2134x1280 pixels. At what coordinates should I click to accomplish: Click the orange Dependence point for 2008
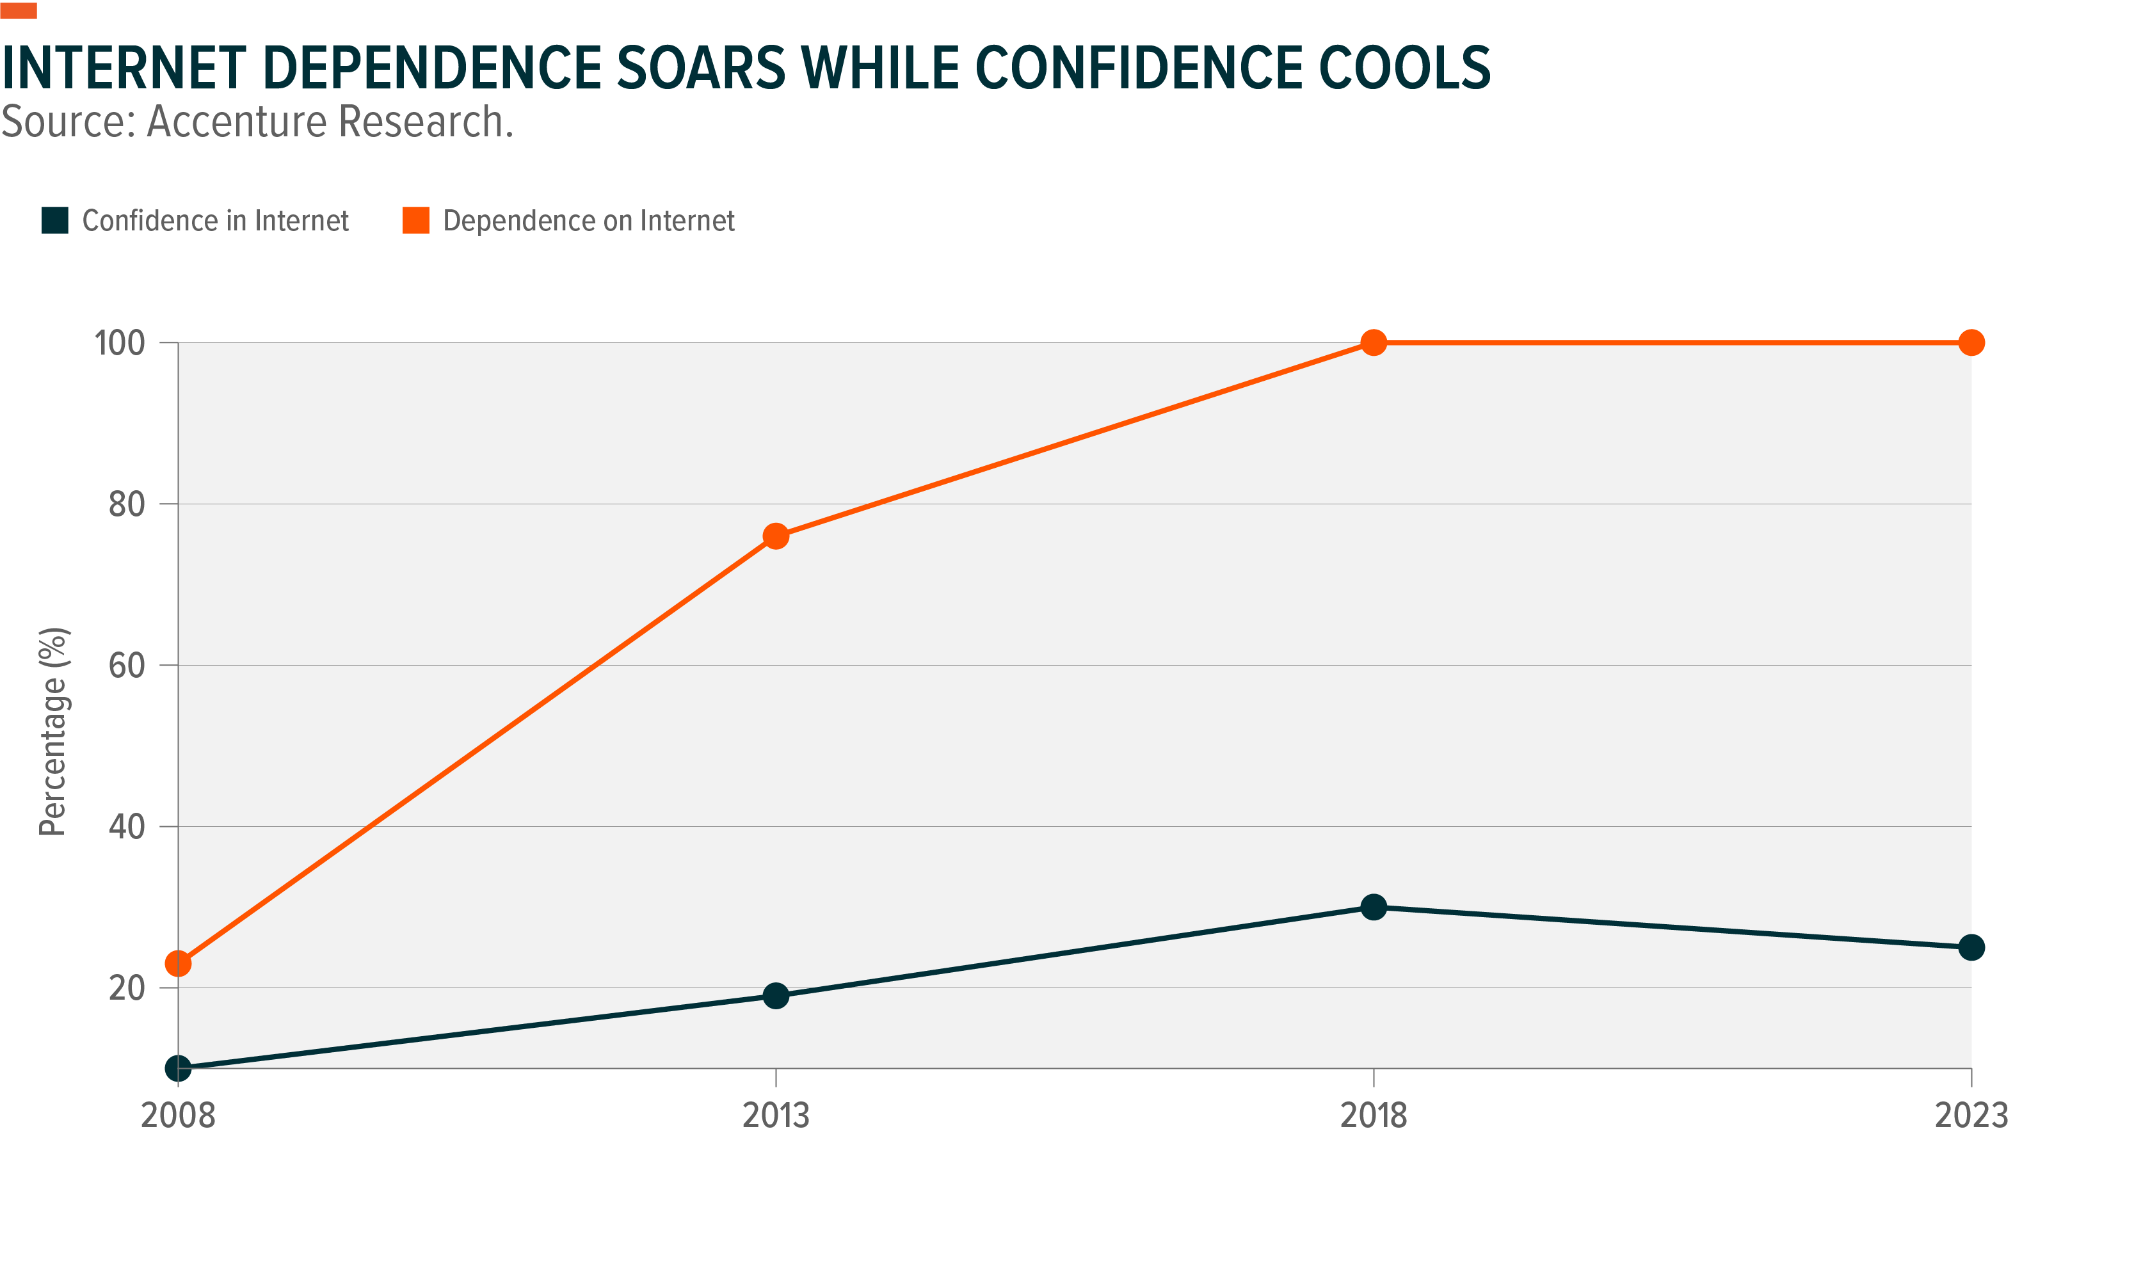[178, 963]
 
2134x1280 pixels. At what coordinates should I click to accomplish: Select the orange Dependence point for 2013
[776, 536]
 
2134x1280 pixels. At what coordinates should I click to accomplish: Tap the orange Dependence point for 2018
[1373, 342]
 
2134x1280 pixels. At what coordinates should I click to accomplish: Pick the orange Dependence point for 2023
[1971, 342]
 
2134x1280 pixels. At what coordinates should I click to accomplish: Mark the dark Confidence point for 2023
[1971, 948]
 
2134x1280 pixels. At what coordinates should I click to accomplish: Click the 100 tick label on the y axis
[119, 343]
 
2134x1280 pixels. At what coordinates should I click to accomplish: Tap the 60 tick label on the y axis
[126, 666]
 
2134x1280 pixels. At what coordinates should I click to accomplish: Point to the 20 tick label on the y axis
[126, 988]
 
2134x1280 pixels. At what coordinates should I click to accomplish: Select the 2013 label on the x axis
[776, 1116]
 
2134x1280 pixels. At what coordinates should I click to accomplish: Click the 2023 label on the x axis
[1971, 1116]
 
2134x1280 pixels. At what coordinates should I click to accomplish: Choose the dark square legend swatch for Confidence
[55, 221]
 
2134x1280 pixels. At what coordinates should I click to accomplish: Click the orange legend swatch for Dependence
[416, 221]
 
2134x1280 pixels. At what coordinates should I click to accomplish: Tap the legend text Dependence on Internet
[588, 221]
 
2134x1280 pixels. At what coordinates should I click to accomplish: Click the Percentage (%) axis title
[54, 732]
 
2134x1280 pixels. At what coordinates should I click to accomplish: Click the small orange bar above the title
[18, 10]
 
